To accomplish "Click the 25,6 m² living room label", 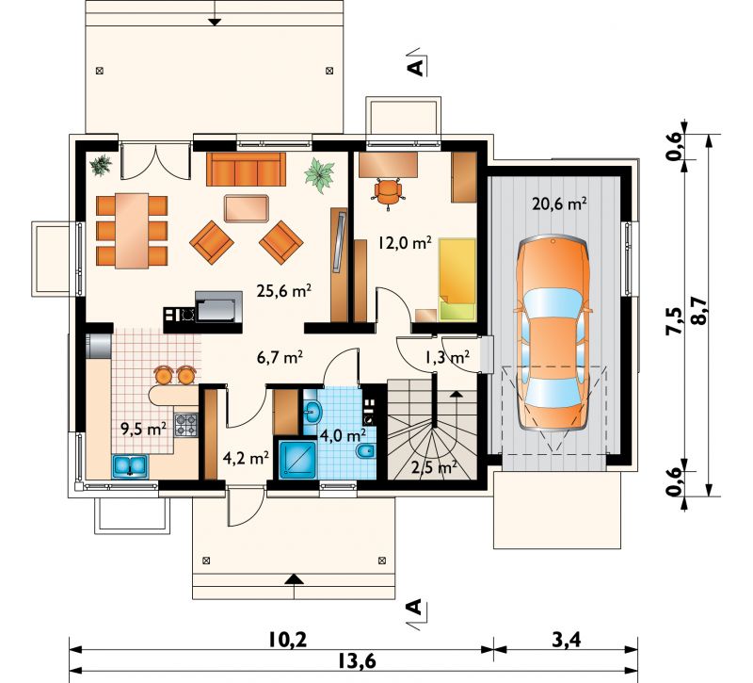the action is pyautogui.click(x=284, y=290).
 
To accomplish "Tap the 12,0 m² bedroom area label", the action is pyautogui.click(x=405, y=243).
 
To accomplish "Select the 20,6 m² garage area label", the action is pyautogui.click(x=559, y=203).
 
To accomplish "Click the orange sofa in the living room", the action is pyautogui.click(x=246, y=170).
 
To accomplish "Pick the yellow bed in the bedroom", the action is pyautogui.click(x=457, y=279).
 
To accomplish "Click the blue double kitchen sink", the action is pyautogui.click(x=130, y=466).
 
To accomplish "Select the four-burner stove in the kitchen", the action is pyautogui.click(x=185, y=426).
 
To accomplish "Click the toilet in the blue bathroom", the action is pyautogui.click(x=366, y=452).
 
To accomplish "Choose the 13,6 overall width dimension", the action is pyautogui.click(x=356, y=661).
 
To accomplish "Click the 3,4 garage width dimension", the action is pyautogui.click(x=567, y=640).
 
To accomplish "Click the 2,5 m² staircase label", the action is pyautogui.click(x=434, y=467).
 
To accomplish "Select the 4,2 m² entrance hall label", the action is pyautogui.click(x=246, y=458).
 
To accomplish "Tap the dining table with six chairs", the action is pyautogui.click(x=132, y=231).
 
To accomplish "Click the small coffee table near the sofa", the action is pyautogui.click(x=247, y=208).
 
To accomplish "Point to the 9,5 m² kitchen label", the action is pyautogui.click(x=144, y=429).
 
